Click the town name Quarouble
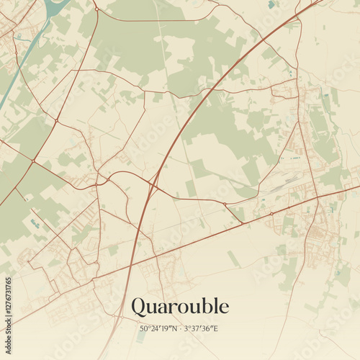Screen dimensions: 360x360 point(180,307)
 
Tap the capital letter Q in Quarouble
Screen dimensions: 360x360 point(139,307)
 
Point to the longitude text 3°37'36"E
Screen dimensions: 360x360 point(202,329)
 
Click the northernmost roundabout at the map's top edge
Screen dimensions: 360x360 point(96,9)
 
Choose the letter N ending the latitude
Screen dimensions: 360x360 point(175,329)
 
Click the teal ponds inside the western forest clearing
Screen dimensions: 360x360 point(35,224)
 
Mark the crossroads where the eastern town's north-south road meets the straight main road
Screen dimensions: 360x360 point(316,195)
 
